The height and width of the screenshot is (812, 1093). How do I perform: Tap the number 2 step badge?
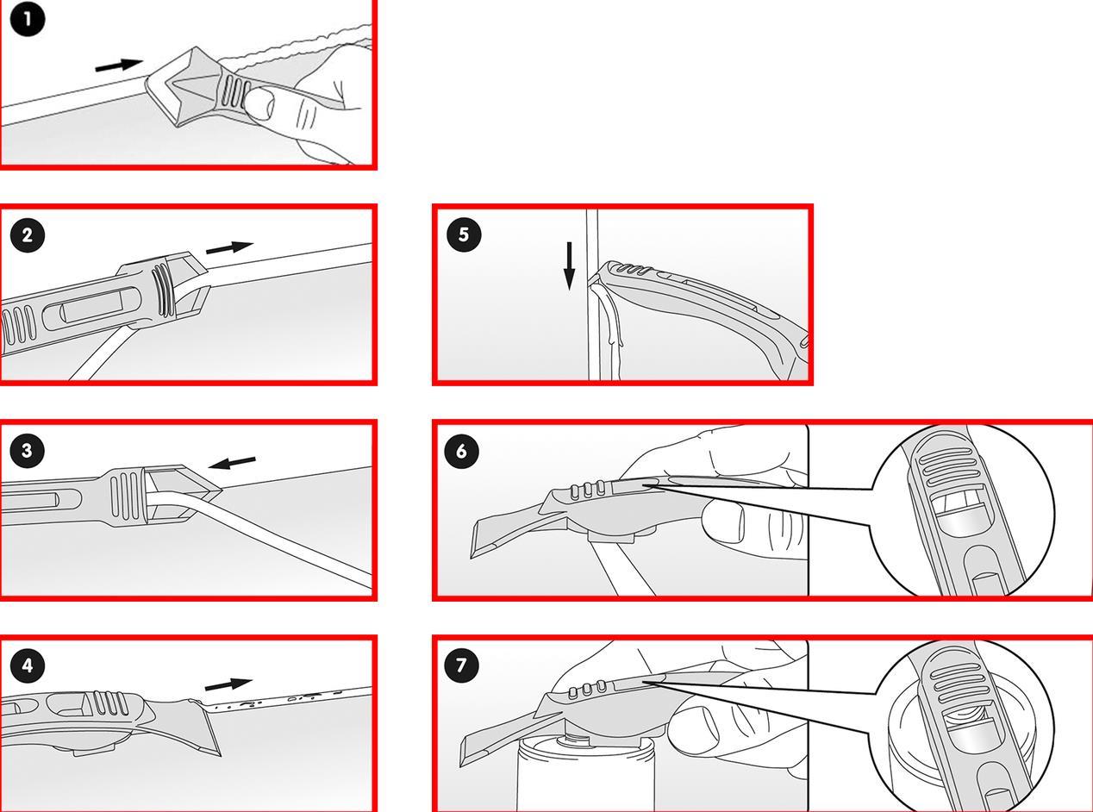click(28, 235)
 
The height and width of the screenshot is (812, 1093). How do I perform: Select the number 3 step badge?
click(28, 451)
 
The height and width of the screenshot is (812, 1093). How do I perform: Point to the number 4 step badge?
click(28, 665)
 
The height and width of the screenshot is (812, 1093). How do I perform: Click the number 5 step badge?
click(464, 234)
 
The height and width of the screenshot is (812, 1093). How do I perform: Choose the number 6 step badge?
click(462, 451)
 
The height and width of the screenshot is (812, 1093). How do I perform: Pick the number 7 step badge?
click(462, 665)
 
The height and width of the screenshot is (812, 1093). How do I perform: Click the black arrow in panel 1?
click(119, 65)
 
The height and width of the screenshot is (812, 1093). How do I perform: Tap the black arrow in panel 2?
click(229, 247)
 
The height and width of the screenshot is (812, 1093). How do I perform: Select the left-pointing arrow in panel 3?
click(232, 462)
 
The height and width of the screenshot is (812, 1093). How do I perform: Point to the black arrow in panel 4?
click(228, 684)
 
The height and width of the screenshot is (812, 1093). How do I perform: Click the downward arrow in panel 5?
click(569, 265)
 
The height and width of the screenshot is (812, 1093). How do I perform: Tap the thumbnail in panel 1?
click(259, 103)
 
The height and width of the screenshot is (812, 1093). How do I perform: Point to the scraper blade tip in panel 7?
click(461, 765)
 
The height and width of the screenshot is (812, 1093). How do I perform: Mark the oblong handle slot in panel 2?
click(91, 307)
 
